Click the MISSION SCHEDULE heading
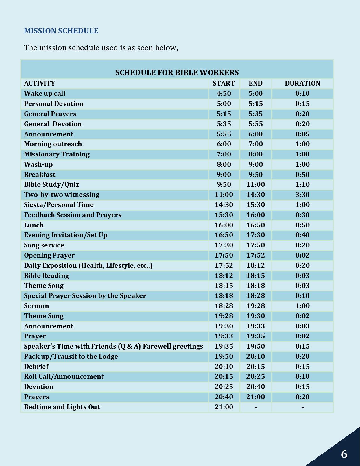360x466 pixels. [x=61, y=31]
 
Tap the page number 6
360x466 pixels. [x=344, y=454]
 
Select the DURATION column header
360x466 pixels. [x=302, y=83]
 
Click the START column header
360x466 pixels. [x=224, y=83]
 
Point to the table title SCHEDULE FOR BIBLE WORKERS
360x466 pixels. [x=177, y=73]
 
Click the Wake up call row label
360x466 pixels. [x=45, y=93]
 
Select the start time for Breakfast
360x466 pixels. [x=224, y=175]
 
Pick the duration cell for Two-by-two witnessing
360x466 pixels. [x=302, y=195]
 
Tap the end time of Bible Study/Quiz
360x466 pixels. [x=256, y=184]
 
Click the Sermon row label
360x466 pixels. [x=36, y=306]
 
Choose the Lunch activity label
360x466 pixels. [x=34, y=225]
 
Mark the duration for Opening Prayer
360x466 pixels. [x=302, y=255]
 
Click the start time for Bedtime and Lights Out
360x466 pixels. [x=224, y=407]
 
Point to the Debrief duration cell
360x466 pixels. [x=302, y=367]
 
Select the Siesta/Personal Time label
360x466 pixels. [x=59, y=205]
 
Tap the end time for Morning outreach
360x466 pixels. [x=256, y=144]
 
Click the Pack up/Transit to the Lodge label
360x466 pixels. [x=71, y=356]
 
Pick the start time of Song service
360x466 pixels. [x=224, y=245]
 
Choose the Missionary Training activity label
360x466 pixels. [x=57, y=154]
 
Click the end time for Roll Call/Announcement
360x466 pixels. [x=256, y=376]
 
